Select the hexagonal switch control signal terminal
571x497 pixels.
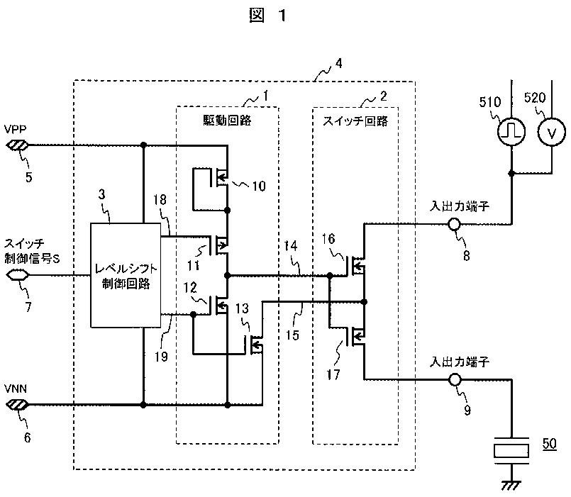pyautogui.click(x=18, y=274)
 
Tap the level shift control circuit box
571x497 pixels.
pyautogui.click(x=126, y=275)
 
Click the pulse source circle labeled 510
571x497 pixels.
pyautogui.click(x=511, y=131)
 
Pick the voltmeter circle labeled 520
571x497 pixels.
pyautogui.click(x=552, y=132)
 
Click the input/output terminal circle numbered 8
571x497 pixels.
pyautogui.click(x=454, y=224)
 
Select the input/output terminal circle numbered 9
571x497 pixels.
pyautogui.click(x=454, y=380)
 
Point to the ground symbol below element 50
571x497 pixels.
pyautogui.click(x=511, y=486)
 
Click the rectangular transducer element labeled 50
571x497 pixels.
pyautogui.click(x=511, y=451)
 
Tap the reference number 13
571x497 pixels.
pyautogui.click(x=242, y=308)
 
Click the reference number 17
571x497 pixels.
pyautogui.click(x=333, y=374)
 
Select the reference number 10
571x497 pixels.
pyautogui.click(x=259, y=186)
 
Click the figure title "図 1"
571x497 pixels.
pyautogui.click(x=267, y=16)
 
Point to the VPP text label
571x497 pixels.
pyautogui.click(x=16, y=129)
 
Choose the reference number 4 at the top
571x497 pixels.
pyautogui.click(x=338, y=63)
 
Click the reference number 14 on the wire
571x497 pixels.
pyautogui.click(x=291, y=246)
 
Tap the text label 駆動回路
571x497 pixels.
pyautogui.click(x=227, y=120)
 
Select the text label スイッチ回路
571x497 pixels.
pyautogui.click(x=355, y=121)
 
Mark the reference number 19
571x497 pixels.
pyautogui.click(x=161, y=357)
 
